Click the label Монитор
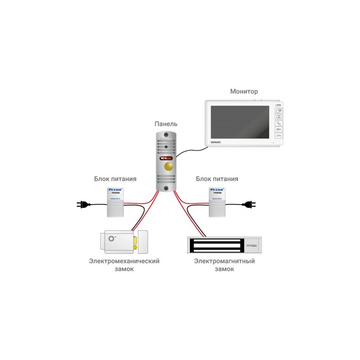pyautogui.click(x=244, y=91)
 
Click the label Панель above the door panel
pyautogui.click(x=166, y=124)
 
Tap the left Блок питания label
pyautogui.click(x=115, y=179)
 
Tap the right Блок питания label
pyautogui.click(x=217, y=179)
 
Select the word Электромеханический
pyautogui.click(x=125, y=261)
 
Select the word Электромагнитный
pyautogui.click(x=225, y=261)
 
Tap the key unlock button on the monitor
pyautogui.click(x=279, y=129)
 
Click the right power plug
pyautogui.click(x=249, y=205)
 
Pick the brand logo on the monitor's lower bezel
pyautogui.click(x=216, y=142)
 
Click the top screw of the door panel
pyautogui.click(x=166, y=135)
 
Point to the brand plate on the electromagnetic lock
pyautogui.click(x=251, y=245)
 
